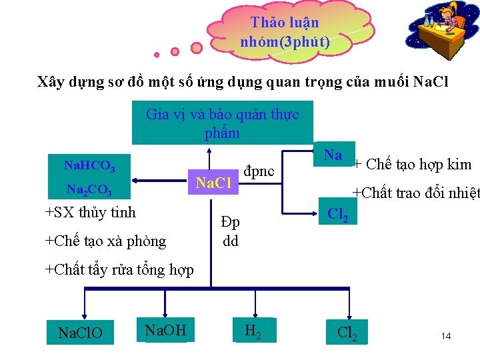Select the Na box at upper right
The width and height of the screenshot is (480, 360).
333,155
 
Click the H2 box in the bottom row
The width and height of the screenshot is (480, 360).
254,330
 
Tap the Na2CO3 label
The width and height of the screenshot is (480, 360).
89,191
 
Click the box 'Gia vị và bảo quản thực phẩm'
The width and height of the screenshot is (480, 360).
223,123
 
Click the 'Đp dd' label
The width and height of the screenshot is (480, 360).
231,232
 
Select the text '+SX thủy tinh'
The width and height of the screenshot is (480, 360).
90,213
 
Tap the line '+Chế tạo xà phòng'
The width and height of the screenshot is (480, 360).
105,241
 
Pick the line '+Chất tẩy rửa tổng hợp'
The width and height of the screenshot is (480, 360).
119,269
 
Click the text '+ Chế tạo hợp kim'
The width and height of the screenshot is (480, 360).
412,165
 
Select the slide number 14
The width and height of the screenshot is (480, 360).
446,337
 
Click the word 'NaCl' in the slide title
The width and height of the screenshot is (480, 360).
431,83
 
